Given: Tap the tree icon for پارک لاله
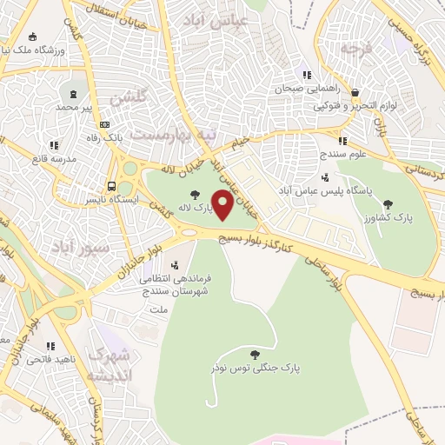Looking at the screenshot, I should (x=193, y=194).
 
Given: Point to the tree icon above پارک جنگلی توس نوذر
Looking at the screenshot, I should (x=254, y=354).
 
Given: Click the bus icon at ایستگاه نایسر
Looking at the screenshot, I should (x=110, y=186).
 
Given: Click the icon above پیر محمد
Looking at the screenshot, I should (x=74, y=93).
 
